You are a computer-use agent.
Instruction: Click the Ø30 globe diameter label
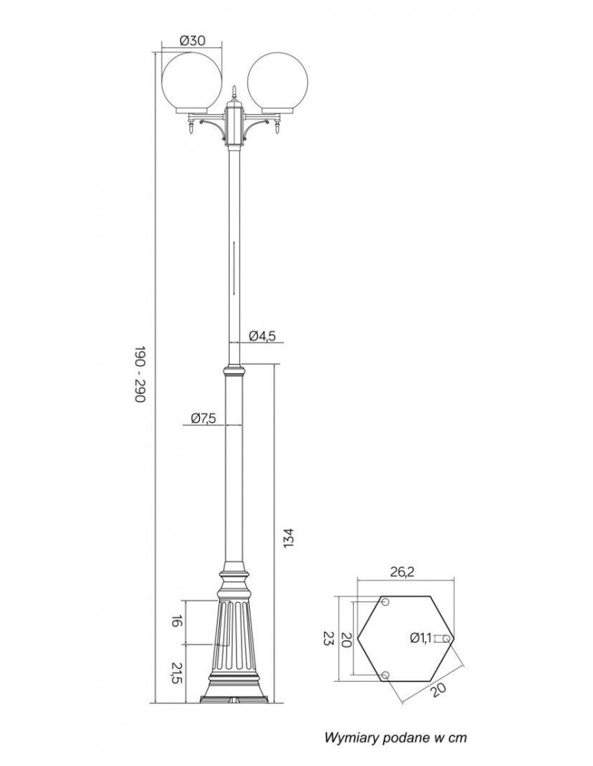click(192, 41)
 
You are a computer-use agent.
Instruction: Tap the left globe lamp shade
click(192, 81)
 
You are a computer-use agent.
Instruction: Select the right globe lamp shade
click(277, 81)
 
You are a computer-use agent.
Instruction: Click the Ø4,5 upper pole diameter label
click(262, 336)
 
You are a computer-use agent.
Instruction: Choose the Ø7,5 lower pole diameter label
click(203, 418)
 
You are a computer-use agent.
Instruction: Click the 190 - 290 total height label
click(140, 375)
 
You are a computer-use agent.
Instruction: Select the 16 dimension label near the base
click(177, 622)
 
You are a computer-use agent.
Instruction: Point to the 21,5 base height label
click(177, 673)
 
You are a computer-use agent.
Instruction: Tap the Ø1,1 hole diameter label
click(421, 637)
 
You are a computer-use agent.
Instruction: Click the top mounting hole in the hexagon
click(385, 602)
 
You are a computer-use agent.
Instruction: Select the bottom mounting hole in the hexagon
click(385, 675)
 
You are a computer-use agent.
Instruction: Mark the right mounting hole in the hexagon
click(447, 639)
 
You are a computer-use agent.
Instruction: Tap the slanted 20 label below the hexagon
click(439, 690)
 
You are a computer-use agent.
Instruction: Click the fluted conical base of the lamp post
click(234, 635)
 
